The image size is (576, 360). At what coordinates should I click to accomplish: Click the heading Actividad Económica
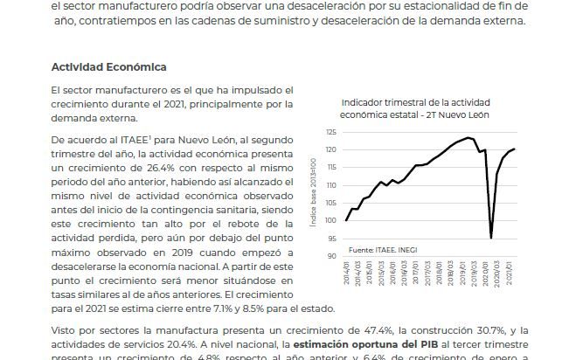click(x=108, y=67)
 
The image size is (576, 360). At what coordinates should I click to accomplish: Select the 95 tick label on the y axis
click(x=330, y=238)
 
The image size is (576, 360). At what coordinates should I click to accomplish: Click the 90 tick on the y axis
click(x=330, y=255)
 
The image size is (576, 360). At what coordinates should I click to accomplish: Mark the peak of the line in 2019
click(x=469, y=138)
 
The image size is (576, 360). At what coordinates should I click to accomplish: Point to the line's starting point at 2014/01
click(x=347, y=220)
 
